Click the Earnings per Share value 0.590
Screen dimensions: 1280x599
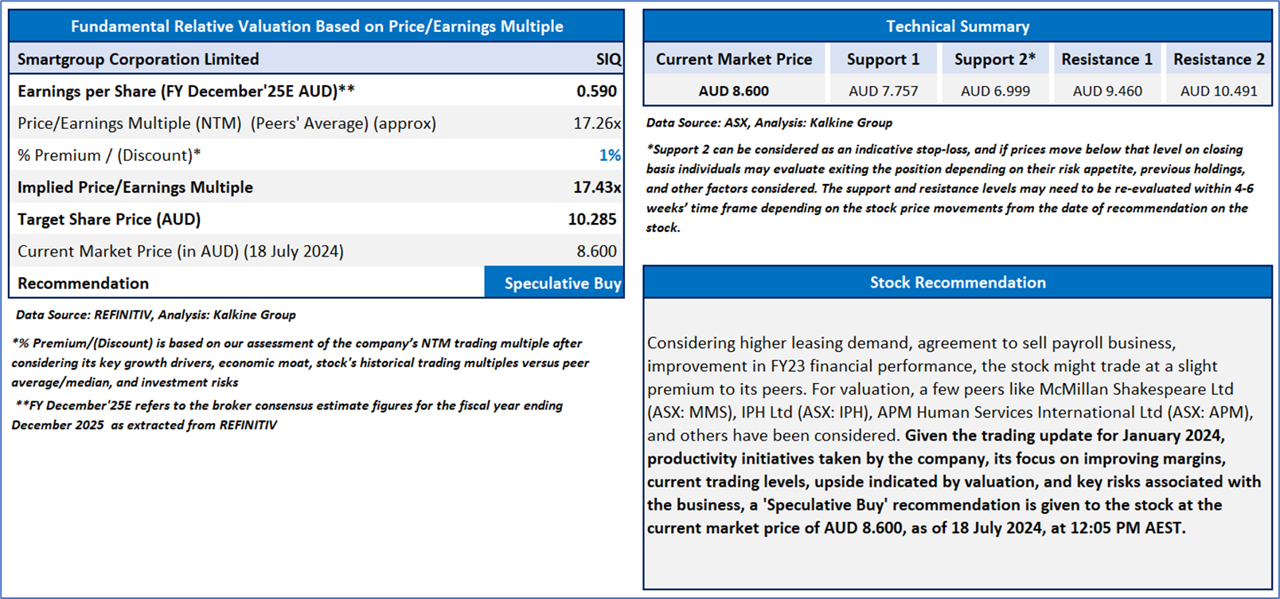(596, 92)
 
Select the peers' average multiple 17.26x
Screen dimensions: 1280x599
(597, 123)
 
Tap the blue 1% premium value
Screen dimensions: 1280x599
(610, 155)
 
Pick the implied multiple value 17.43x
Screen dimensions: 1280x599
(597, 187)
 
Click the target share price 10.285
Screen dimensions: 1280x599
(592, 220)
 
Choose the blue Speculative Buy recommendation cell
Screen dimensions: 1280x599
(554, 283)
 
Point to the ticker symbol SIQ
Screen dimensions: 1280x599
(609, 60)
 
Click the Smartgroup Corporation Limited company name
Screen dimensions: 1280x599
(139, 60)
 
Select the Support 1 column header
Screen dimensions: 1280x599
(884, 60)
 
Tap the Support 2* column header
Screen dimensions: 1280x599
(995, 60)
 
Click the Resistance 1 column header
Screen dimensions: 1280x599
(1106, 60)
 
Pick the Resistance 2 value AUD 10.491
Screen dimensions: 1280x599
(1219, 91)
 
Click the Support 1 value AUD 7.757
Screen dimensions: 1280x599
(884, 91)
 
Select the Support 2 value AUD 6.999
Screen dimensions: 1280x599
(995, 91)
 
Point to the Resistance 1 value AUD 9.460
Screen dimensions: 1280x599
(1106, 91)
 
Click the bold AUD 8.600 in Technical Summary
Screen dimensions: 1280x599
(734, 91)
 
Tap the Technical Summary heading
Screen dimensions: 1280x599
(958, 26)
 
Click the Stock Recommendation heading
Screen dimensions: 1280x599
(958, 282)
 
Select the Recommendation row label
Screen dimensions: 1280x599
(84, 284)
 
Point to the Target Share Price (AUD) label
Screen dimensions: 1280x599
(109, 220)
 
